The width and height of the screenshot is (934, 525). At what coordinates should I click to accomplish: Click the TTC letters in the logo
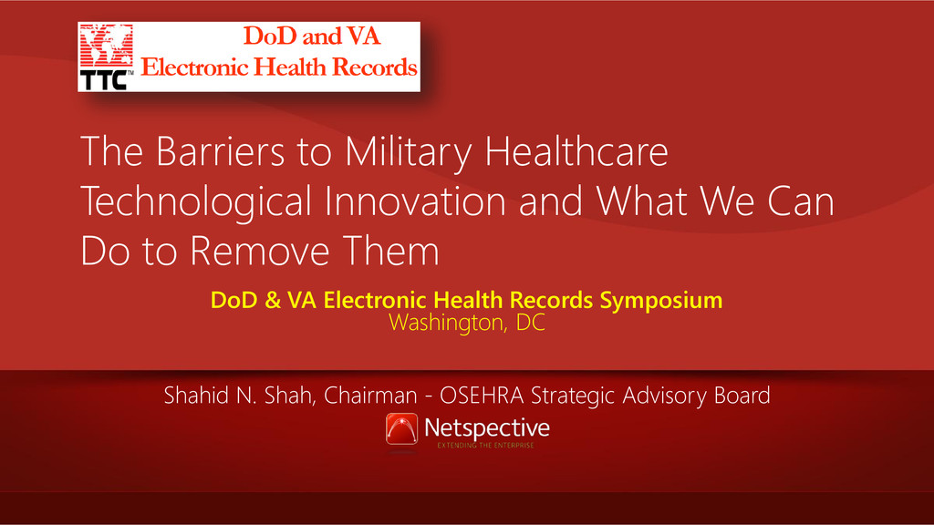click(104, 80)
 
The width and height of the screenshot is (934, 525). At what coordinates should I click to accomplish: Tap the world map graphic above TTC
click(106, 46)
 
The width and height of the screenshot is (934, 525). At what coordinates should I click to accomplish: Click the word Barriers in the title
click(221, 151)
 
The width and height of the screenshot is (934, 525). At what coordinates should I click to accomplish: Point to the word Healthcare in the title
click(576, 151)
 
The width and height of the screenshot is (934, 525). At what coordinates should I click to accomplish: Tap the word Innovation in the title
click(415, 201)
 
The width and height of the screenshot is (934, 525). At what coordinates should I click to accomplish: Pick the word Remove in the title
click(260, 251)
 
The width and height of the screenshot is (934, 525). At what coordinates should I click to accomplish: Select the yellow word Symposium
click(661, 301)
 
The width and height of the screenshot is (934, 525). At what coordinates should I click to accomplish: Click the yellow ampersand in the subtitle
click(272, 300)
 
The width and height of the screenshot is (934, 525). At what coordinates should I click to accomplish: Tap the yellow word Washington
click(448, 323)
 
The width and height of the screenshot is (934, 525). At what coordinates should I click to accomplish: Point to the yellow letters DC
click(530, 323)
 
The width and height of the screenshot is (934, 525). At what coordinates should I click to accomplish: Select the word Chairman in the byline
click(370, 396)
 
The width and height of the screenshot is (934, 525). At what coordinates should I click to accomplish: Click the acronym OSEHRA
click(482, 396)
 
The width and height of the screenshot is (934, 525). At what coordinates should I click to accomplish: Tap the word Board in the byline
click(742, 396)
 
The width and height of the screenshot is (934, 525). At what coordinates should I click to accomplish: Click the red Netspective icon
click(401, 429)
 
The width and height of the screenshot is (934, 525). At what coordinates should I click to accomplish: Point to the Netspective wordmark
click(487, 428)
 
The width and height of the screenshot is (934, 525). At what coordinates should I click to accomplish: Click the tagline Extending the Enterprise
click(485, 445)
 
